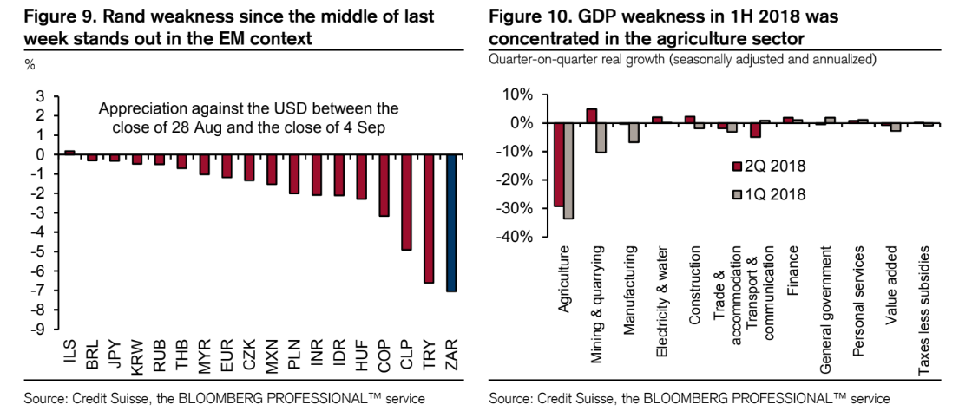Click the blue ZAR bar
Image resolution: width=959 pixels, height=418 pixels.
pyautogui.click(x=451, y=224)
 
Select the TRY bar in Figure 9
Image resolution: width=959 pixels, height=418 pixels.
pyautogui.click(x=429, y=219)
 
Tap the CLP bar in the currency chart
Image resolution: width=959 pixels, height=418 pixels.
pyautogui.click(x=405, y=202)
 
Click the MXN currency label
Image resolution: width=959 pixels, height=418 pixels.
pyautogui.click(x=271, y=356)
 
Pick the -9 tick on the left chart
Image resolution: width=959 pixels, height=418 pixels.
pyautogui.click(x=38, y=330)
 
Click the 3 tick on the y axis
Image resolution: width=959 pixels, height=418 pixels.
pyautogui.click(x=41, y=96)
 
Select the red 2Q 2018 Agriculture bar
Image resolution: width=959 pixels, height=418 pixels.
pyautogui.click(x=559, y=165)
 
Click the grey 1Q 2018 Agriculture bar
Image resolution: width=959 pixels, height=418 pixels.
pyautogui.click(x=568, y=171)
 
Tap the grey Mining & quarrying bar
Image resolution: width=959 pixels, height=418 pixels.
pyautogui.click(x=601, y=138)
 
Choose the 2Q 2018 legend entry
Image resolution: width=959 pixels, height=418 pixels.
pyautogui.click(x=768, y=167)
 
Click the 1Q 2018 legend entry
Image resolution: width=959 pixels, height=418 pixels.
pyautogui.click(x=768, y=195)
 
